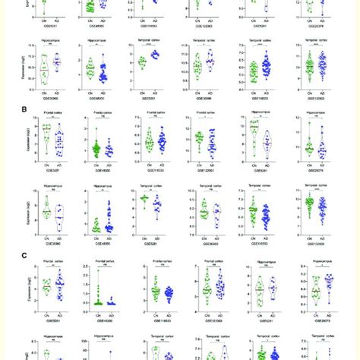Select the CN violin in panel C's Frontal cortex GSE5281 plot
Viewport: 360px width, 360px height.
48,289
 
